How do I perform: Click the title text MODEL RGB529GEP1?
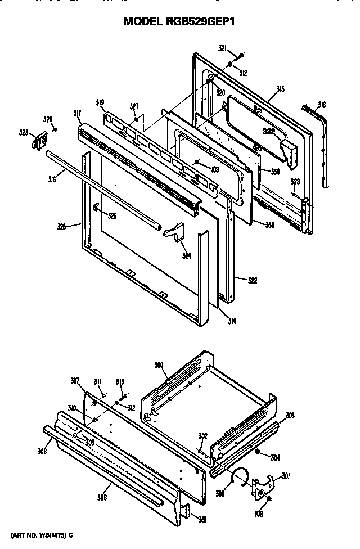click(x=179, y=21)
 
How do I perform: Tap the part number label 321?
click(x=222, y=48)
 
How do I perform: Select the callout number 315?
click(x=280, y=89)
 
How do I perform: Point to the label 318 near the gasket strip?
click(x=321, y=105)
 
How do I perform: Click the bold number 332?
click(x=268, y=130)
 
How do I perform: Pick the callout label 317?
click(x=77, y=113)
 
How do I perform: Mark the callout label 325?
click(x=62, y=227)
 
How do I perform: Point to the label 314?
click(x=232, y=321)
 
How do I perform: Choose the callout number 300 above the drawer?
click(x=159, y=365)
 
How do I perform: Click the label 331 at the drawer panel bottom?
click(x=202, y=520)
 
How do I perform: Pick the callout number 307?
click(x=75, y=380)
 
